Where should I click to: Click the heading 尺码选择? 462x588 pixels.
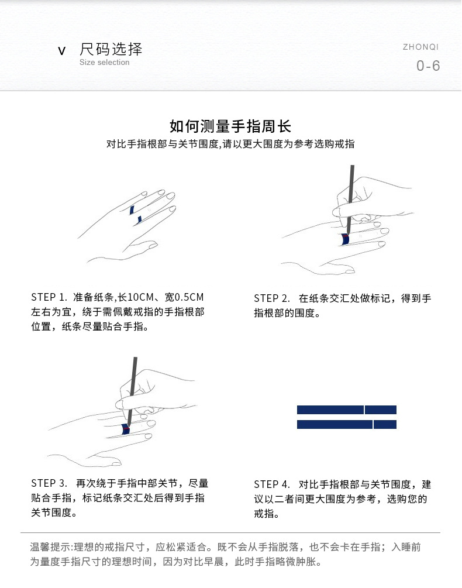pyautogui.click(x=111, y=49)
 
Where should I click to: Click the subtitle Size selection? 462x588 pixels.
pyautogui.click(x=104, y=63)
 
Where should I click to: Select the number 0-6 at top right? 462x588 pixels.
pyautogui.click(x=428, y=66)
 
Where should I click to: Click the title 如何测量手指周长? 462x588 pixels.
pyautogui.click(x=230, y=126)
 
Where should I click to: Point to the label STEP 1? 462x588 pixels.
pyautogui.click(x=50, y=297)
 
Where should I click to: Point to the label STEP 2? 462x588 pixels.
pyautogui.click(x=272, y=298)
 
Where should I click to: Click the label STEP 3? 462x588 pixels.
pyautogui.click(x=50, y=483)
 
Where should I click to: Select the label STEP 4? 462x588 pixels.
pyautogui.click(x=272, y=484)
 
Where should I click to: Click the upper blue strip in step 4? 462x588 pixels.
pyautogui.click(x=330, y=410)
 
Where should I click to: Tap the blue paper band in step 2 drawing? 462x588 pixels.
pyautogui.click(x=345, y=239)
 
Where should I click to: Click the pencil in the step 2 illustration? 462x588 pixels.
pyautogui.click(x=351, y=187)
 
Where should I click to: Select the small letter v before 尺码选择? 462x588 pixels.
pyautogui.click(x=62, y=51)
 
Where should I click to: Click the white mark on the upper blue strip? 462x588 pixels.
pyautogui.click(x=365, y=410)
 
